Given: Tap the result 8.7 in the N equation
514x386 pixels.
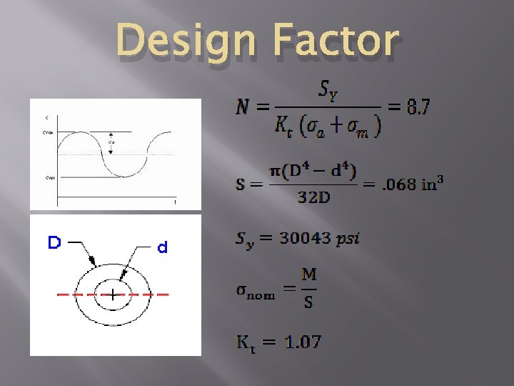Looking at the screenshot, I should point(417,108).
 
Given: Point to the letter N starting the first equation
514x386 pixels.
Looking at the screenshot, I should point(243,108).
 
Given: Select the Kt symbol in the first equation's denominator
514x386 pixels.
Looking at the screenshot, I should point(283,127).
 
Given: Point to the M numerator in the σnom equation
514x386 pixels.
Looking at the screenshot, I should point(308,275).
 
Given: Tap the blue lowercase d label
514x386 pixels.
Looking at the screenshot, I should point(162,248).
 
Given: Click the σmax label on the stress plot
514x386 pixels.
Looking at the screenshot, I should point(48,132).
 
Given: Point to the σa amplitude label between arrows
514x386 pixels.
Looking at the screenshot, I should point(111,142).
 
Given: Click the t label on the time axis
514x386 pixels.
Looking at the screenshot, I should point(175,203).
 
